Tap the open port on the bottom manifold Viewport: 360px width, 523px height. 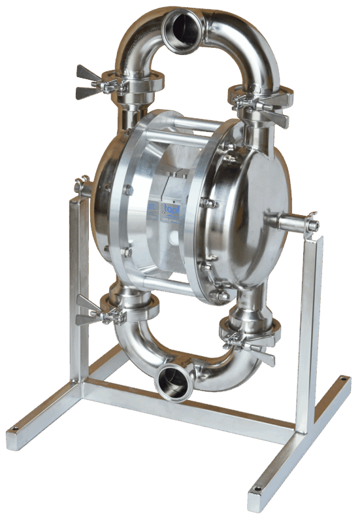tap(171, 381)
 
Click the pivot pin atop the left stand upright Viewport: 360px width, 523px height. tap(81, 186)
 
